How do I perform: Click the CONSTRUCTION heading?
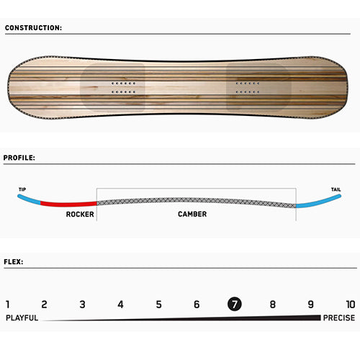click(x=33, y=28)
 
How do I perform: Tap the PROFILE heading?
click(x=19, y=158)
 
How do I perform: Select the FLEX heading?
click(x=14, y=262)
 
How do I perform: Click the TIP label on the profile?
click(x=22, y=189)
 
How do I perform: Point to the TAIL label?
click(x=336, y=189)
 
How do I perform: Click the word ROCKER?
click(x=80, y=214)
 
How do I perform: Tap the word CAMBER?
click(x=192, y=214)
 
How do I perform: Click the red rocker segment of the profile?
click(x=68, y=204)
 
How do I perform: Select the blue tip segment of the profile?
click(x=28, y=199)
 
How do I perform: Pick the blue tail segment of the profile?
click(x=319, y=203)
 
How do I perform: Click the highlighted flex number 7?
click(x=235, y=304)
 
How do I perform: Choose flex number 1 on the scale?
click(x=8, y=305)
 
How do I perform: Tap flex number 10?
click(x=351, y=305)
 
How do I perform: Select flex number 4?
click(x=120, y=305)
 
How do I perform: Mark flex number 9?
click(x=310, y=305)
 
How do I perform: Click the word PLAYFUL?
click(x=22, y=318)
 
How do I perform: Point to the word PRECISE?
click(x=339, y=318)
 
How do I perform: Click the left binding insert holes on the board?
click(x=123, y=88)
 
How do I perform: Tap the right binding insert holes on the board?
click(x=248, y=88)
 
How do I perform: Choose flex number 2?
click(x=44, y=305)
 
